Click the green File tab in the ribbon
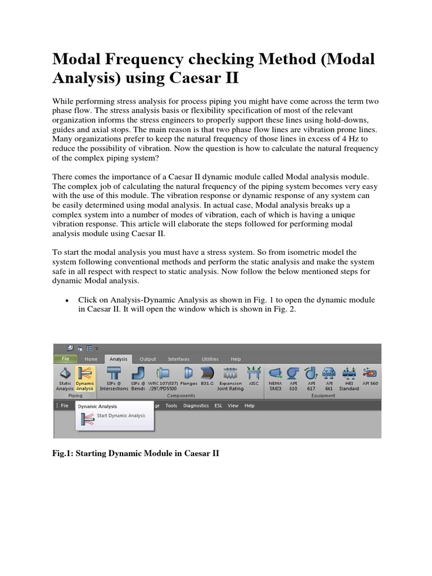[65, 359]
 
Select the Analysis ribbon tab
[118, 359]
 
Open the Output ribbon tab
[148, 359]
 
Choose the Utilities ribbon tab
[210, 359]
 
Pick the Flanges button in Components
[189, 377]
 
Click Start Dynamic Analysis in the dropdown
[120, 416]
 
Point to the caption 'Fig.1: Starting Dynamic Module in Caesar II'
[135, 453]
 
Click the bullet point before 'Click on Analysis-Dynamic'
[67, 301]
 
